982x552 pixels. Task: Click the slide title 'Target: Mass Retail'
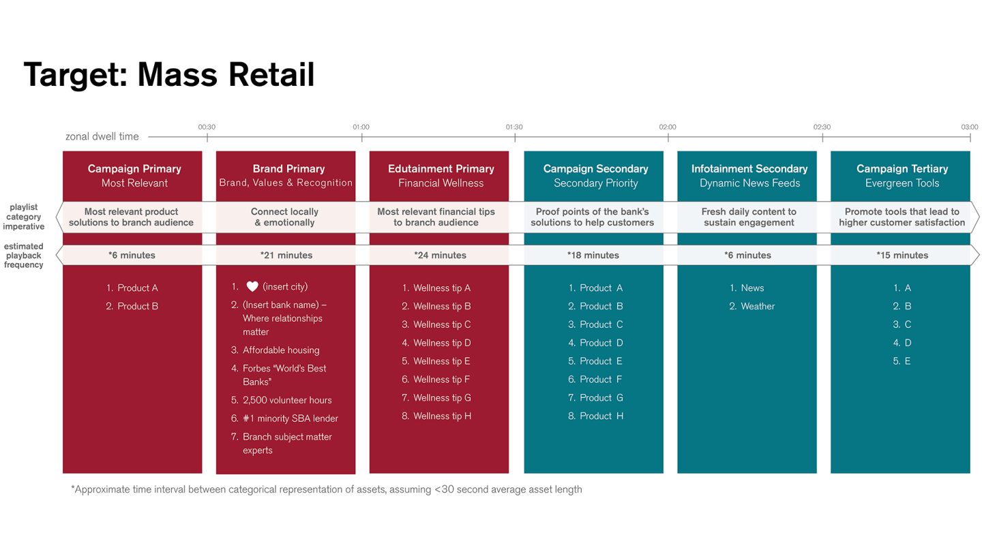point(169,75)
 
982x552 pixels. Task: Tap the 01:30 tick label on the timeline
point(514,127)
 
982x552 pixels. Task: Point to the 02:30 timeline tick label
point(822,127)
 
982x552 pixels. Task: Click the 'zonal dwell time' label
point(102,136)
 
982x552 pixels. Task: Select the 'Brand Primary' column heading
point(288,168)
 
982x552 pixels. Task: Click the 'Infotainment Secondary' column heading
point(749,168)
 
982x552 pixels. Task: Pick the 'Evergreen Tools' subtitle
point(902,183)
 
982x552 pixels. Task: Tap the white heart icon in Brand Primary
point(252,287)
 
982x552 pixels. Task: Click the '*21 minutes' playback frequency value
point(286,256)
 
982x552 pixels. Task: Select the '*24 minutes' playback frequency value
point(440,256)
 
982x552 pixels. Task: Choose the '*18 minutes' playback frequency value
point(593,256)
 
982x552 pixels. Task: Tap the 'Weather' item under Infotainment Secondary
point(757,306)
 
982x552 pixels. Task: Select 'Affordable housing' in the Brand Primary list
point(280,350)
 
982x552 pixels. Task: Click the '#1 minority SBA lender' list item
point(290,418)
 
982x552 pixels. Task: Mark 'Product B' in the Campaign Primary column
point(137,306)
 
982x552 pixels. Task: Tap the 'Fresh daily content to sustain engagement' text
point(749,217)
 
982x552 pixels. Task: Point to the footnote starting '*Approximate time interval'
point(327,489)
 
